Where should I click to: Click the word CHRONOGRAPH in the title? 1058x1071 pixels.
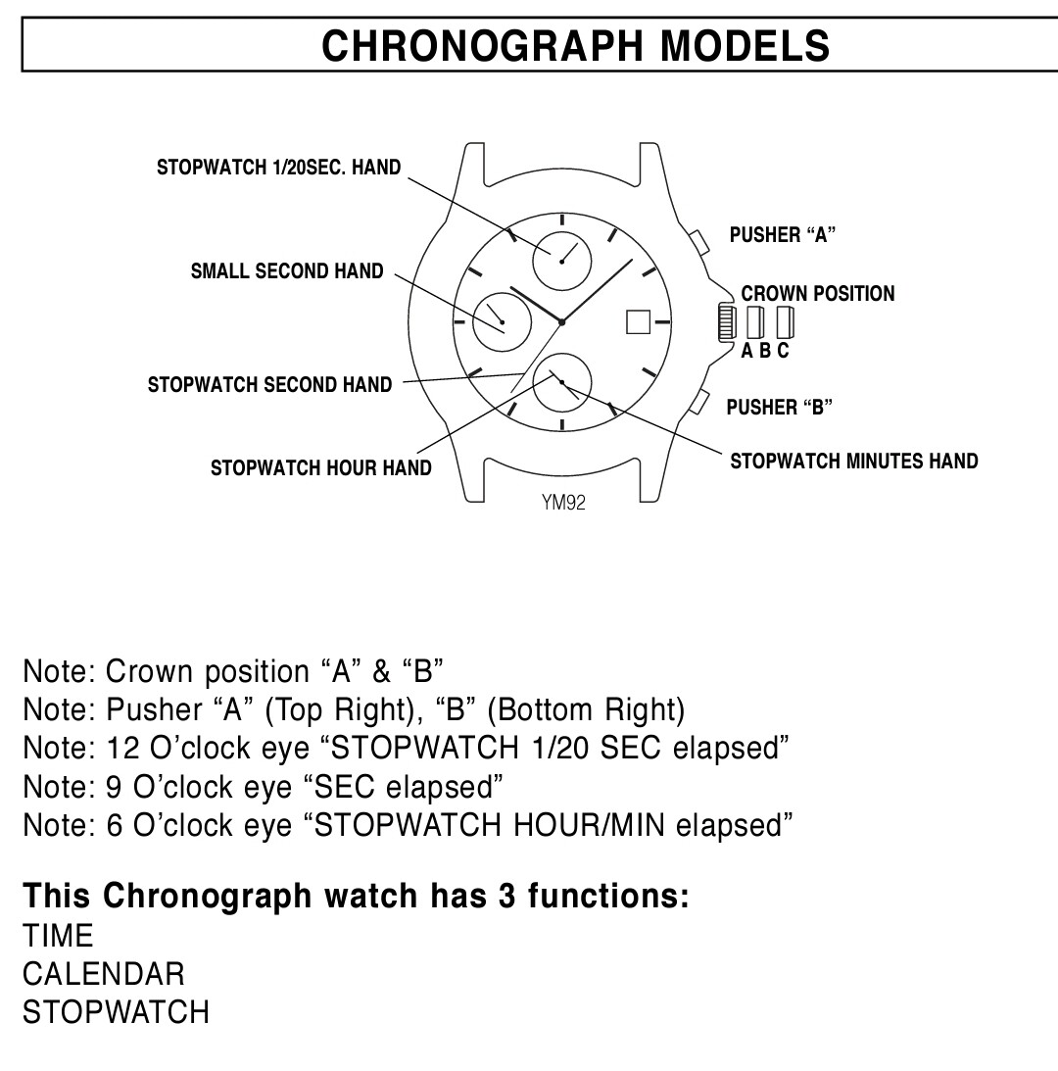[x=482, y=46]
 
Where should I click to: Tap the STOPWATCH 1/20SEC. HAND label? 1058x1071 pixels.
[x=278, y=168]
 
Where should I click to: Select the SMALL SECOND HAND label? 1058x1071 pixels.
[x=287, y=271]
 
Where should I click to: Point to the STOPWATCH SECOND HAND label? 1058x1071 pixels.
[x=269, y=384]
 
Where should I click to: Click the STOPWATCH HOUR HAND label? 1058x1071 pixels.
[x=321, y=467]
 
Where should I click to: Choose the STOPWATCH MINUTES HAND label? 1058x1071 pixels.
[x=854, y=462]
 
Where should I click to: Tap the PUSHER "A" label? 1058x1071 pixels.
[x=782, y=235]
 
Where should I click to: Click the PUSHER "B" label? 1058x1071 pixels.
[x=780, y=407]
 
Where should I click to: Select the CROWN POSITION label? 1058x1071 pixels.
[x=818, y=294]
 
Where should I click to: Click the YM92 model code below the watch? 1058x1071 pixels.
[x=563, y=503]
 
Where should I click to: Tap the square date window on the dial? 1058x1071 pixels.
[x=638, y=321]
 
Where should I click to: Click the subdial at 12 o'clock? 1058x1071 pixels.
[x=562, y=261]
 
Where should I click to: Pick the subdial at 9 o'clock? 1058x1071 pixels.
[x=503, y=322]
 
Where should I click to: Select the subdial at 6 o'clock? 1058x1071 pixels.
[x=562, y=382]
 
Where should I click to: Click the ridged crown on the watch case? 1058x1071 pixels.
[x=726, y=322]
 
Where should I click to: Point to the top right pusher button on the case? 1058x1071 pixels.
[x=698, y=242]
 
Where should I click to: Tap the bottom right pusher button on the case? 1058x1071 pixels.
[x=698, y=402]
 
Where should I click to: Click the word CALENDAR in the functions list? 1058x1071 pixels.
[x=104, y=974]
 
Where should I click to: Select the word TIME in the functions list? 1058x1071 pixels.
[x=58, y=936]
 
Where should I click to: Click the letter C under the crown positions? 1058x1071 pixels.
[x=783, y=351]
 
